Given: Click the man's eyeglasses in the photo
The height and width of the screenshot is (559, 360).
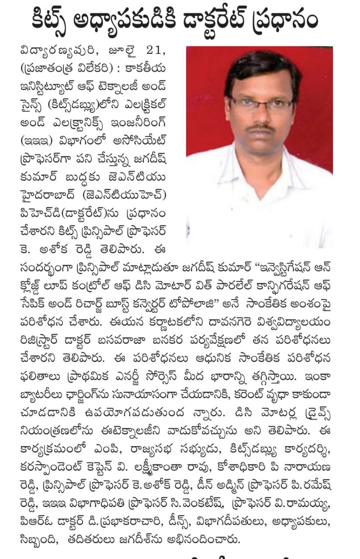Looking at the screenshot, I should pos(261,104).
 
